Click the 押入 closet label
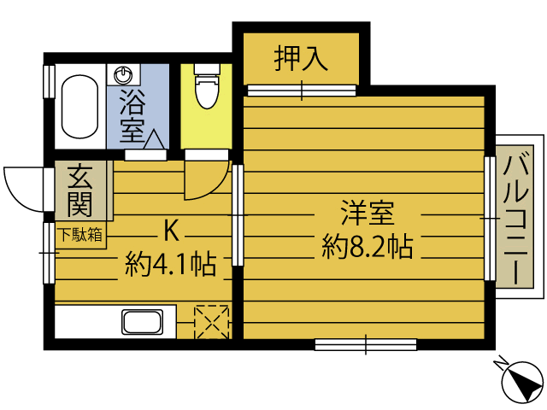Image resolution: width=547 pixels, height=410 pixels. pyautogui.click(x=301, y=58)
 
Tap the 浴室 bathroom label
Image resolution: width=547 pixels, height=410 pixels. pyautogui.click(x=132, y=116)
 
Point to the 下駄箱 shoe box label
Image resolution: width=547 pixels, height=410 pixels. pyautogui.click(x=80, y=233)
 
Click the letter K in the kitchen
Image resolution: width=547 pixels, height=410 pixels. pyautogui.click(x=171, y=230)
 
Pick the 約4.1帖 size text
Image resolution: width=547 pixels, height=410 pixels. pyautogui.click(x=170, y=263)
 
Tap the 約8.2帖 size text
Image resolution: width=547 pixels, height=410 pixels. pyautogui.click(x=368, y=247)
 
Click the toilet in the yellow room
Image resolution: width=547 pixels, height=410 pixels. pyautogui.click(x=205, y=90)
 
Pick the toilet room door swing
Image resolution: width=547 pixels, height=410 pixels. pyautogui.click(x=205, y=177)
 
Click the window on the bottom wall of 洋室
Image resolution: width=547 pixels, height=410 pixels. pyautogui.click(x=365, y=344)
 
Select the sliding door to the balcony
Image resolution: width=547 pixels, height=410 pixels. pyautogui.click(x=489, y=218)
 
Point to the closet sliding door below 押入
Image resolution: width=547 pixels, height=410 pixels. pyautogui.click(x=301, y=90)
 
